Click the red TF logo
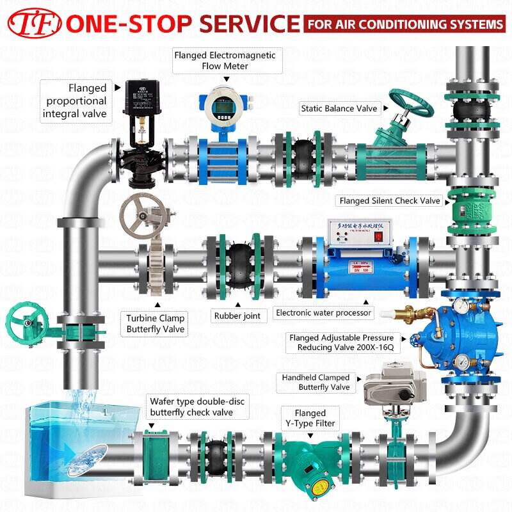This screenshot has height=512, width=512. (33, 24)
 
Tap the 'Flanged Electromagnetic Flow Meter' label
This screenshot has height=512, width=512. (225, 61)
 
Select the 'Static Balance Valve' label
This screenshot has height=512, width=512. (339, 109)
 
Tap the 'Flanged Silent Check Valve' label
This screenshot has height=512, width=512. (390, 201)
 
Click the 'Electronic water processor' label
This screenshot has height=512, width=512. (324, 313)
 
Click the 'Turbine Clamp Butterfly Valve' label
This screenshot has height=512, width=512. (155, 324)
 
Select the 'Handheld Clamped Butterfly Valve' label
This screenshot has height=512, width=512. (316, 383)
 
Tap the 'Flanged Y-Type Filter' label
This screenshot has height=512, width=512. (310, 418)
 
